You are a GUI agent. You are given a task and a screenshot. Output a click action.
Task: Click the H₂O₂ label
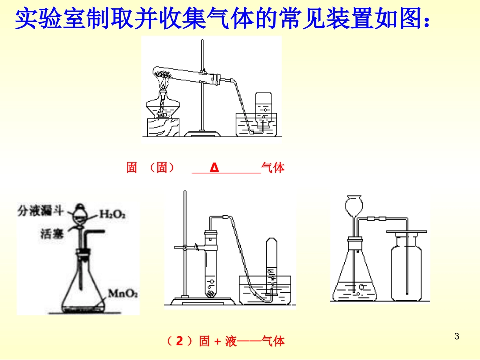(x=112, y=214)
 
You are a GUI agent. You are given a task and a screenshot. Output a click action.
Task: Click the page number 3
(x=457, y=336)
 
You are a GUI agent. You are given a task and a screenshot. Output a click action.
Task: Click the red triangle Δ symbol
(x=214, y=168)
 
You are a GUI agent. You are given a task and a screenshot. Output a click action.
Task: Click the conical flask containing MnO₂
(x=84, y=283)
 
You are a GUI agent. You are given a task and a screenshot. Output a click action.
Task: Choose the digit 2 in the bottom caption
(x=179, y=341)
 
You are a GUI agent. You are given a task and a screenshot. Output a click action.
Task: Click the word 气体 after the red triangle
(x=273, y=168)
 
